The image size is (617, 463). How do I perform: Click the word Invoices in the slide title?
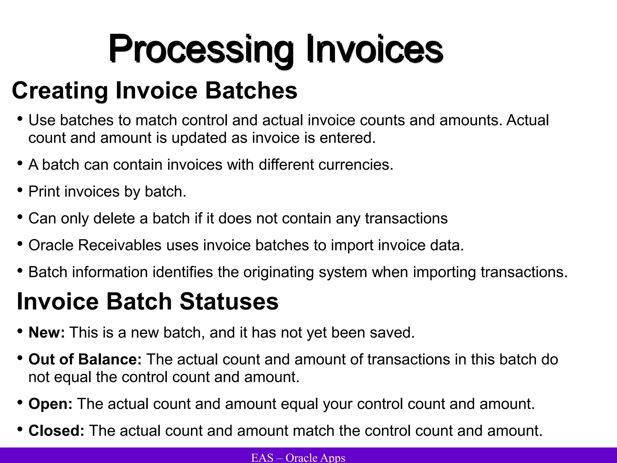pyautogui.click(x=374, y=49)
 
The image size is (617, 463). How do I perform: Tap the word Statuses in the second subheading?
pyautogui.click(x=229, y=301)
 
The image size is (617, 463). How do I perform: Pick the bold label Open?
pyautogui.click(x=50, y=404)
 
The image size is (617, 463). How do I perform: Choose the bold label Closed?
pyautogui.click(x=56, y=431)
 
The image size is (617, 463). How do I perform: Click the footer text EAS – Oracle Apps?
pyautogui.click(x=298, y=458)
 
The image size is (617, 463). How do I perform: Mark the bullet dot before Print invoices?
pyautogui.click(x=20, y=190)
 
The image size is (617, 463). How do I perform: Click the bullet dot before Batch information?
pyautogui.click(x=20, y=270)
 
